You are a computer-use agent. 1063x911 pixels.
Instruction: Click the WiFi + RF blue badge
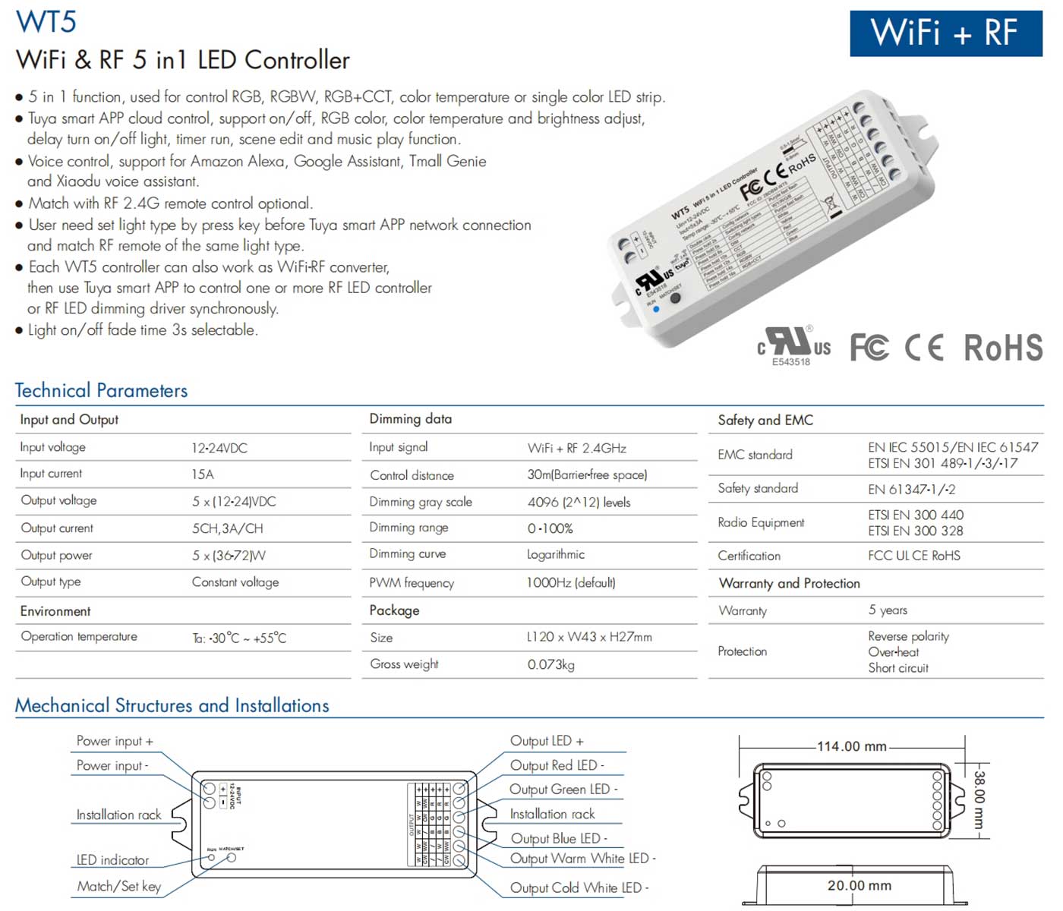click(945, 33)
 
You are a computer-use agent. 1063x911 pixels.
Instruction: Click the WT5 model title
click(46, 21)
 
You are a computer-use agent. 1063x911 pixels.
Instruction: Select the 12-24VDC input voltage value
click(219, 448)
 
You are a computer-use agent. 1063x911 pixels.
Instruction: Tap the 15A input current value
click(203, 474)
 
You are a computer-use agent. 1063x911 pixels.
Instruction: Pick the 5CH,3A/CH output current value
click(227, 528)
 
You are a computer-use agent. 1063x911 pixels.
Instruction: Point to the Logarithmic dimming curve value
click(556, 554)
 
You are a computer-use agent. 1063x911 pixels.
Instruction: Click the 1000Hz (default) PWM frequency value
click(571, 582)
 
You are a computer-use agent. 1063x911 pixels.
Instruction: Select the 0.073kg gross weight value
click(550, 664)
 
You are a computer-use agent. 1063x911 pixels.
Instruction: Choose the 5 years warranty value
click(888, 610)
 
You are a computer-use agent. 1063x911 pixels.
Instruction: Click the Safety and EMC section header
click(765, 420)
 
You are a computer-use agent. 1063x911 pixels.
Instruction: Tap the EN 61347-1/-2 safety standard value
click(911, 489)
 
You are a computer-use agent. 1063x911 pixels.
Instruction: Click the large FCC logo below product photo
click(869, 348)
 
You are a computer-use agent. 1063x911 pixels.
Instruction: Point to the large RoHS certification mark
click(1003, 348)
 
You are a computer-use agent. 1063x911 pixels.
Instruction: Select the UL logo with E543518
click(793, 346)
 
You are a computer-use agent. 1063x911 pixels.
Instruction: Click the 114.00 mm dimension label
click(851, 746)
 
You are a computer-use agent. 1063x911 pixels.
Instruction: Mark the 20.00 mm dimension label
click(859, 885)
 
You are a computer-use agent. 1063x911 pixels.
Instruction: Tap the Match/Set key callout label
click(118, 886)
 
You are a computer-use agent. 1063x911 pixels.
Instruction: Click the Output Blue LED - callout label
click(559, 838)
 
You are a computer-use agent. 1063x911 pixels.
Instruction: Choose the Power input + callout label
click(115, 741)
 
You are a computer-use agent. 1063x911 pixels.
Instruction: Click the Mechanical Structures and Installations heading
click(172, 705)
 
